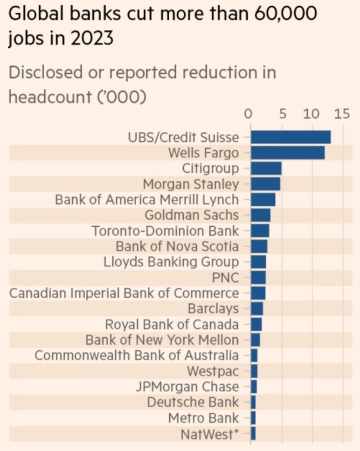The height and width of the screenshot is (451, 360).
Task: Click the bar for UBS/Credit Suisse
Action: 291,137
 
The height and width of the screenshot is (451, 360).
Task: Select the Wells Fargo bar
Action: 288,153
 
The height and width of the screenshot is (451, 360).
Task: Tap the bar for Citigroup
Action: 266,169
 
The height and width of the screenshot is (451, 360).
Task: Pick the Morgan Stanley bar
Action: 266,184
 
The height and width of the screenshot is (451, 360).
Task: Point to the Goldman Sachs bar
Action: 261,216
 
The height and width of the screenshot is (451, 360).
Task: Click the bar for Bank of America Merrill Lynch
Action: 263,200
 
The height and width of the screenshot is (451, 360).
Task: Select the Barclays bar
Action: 257,309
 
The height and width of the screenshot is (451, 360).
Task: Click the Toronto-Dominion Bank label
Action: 165,231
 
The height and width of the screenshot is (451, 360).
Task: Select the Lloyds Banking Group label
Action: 171,262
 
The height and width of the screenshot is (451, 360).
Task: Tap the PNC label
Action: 226,277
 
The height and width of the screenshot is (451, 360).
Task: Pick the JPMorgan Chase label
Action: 187,386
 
